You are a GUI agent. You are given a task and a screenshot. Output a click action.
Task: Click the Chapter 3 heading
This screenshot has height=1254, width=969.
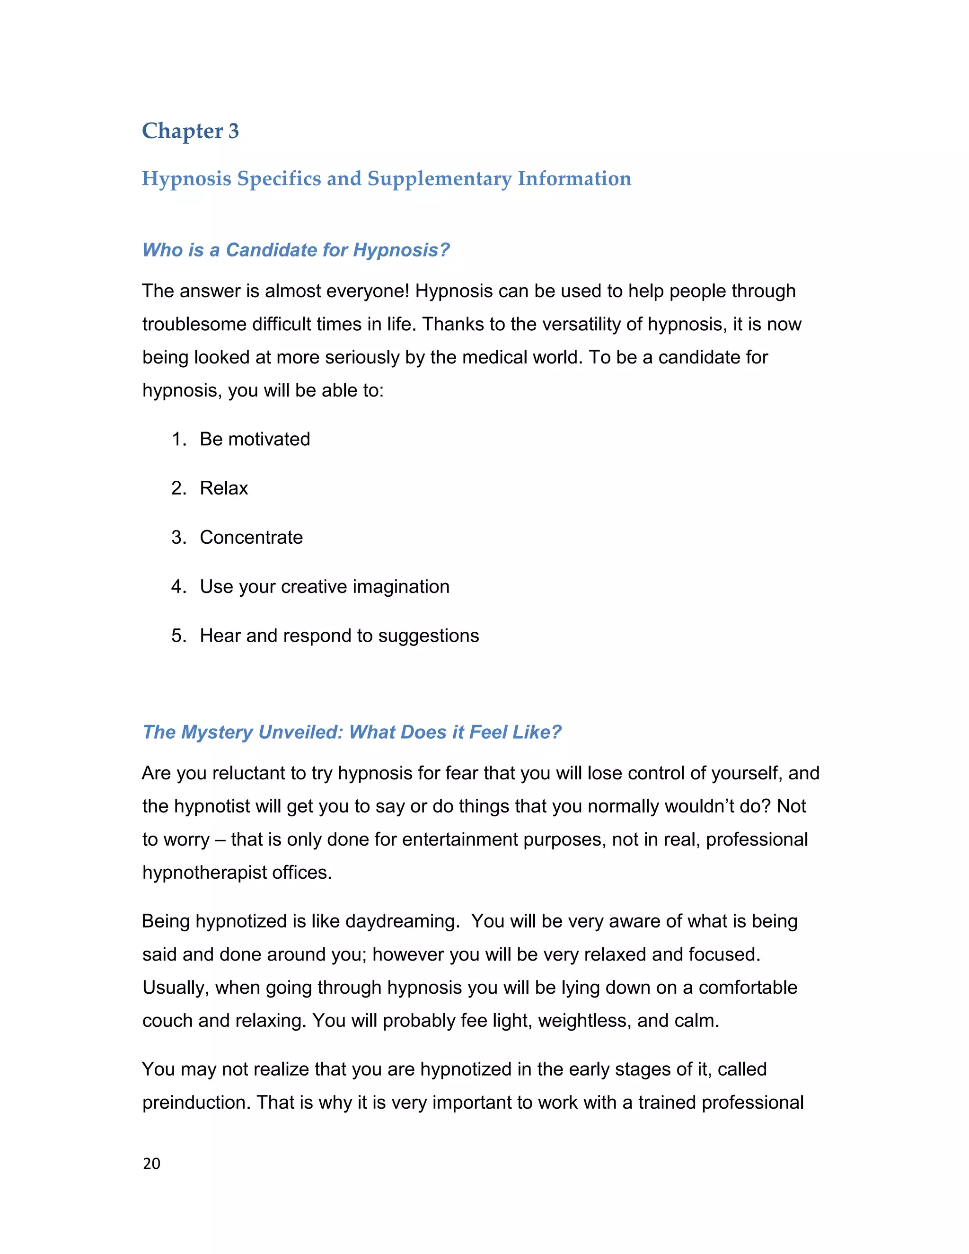point(190,131)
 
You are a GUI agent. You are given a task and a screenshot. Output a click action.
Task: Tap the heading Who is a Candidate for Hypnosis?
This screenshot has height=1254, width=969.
point(296,250)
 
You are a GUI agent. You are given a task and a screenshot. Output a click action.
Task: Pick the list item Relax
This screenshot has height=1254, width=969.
point(223,488)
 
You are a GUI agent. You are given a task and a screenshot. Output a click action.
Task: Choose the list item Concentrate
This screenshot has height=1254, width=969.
point(251,538)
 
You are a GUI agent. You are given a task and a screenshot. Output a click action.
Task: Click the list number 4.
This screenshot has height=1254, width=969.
point(177,586)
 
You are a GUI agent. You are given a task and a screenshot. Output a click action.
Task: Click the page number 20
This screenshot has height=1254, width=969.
point(151,1163)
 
